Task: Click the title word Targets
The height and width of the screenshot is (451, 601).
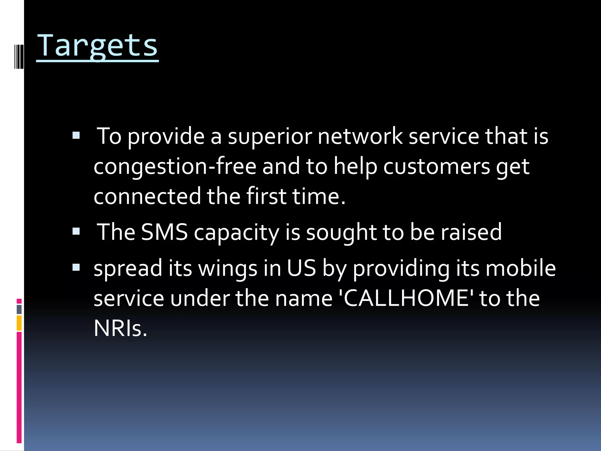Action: (97, 46)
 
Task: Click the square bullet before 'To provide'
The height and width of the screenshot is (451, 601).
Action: (76, 135)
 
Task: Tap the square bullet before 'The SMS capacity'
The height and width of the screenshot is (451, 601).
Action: (76, 231)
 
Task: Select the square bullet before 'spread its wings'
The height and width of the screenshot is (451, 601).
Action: (76, 267)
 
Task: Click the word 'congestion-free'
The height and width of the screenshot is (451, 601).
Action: (175, 166)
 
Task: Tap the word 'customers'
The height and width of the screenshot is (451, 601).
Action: (436, 166)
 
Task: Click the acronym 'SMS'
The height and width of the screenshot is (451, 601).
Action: (164, 232)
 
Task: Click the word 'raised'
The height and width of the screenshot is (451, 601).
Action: (471, 232)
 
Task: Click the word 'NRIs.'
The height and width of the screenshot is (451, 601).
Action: (120, 328)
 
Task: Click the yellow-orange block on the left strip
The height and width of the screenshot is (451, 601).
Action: (19, 323)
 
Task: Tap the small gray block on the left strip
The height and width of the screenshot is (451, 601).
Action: (19, 309)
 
